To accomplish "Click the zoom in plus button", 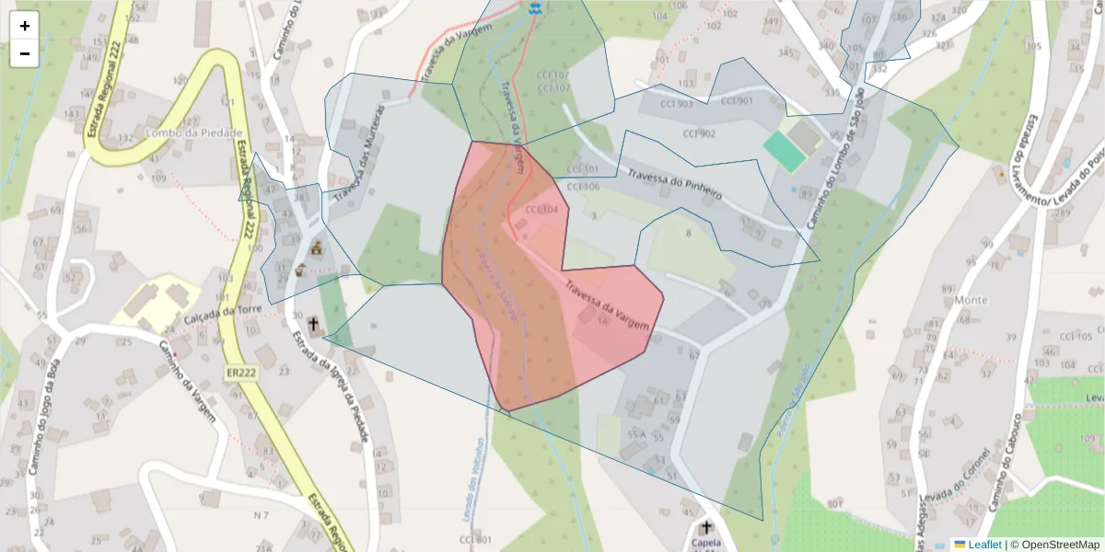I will point(25,26).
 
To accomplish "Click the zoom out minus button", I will point(25,53).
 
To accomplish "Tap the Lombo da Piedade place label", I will point(193,132).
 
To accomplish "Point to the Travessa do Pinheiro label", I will point(674,183).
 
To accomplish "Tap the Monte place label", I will point(971,300).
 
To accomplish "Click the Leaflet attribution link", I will point(984,545).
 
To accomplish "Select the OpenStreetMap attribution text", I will point(1060,545).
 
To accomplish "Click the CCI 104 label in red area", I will point(541,210).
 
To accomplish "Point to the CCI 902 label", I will point(699,134).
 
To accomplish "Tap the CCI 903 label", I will point(677,104).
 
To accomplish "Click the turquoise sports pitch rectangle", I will point(784,151).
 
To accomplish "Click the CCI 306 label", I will point(583,186).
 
